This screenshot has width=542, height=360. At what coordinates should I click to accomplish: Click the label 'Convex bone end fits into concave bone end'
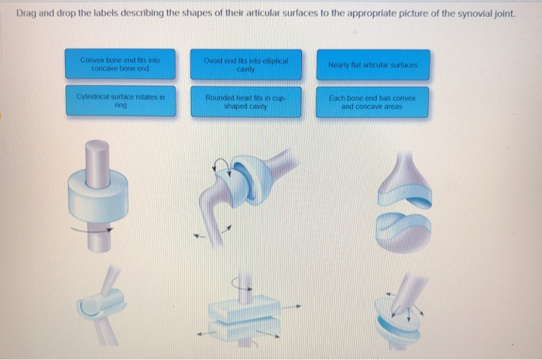point(120,64)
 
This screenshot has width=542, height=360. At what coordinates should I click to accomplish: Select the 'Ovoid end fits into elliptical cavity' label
point(245,65)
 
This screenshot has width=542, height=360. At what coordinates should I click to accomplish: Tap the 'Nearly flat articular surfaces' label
point(373,65)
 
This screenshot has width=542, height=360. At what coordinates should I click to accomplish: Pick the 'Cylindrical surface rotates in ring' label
point(121,101)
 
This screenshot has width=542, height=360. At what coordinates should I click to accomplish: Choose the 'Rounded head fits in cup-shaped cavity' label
point(245,102)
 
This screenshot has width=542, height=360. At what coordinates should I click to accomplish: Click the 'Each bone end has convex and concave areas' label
point(372,102)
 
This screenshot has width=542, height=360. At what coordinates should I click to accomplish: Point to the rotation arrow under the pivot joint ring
point(92,230)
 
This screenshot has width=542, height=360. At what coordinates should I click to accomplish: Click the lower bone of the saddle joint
point(403,232)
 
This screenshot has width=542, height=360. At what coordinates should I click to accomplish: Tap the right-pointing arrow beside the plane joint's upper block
point(291,306)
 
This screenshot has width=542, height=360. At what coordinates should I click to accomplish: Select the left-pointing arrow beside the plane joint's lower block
point(207,334)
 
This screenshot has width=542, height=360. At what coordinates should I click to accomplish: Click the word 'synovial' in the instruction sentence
point(476,13)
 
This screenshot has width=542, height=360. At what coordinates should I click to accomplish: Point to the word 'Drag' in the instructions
point(26,13)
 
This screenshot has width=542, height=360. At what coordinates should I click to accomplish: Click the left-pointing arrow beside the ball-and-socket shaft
point(200,236)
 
